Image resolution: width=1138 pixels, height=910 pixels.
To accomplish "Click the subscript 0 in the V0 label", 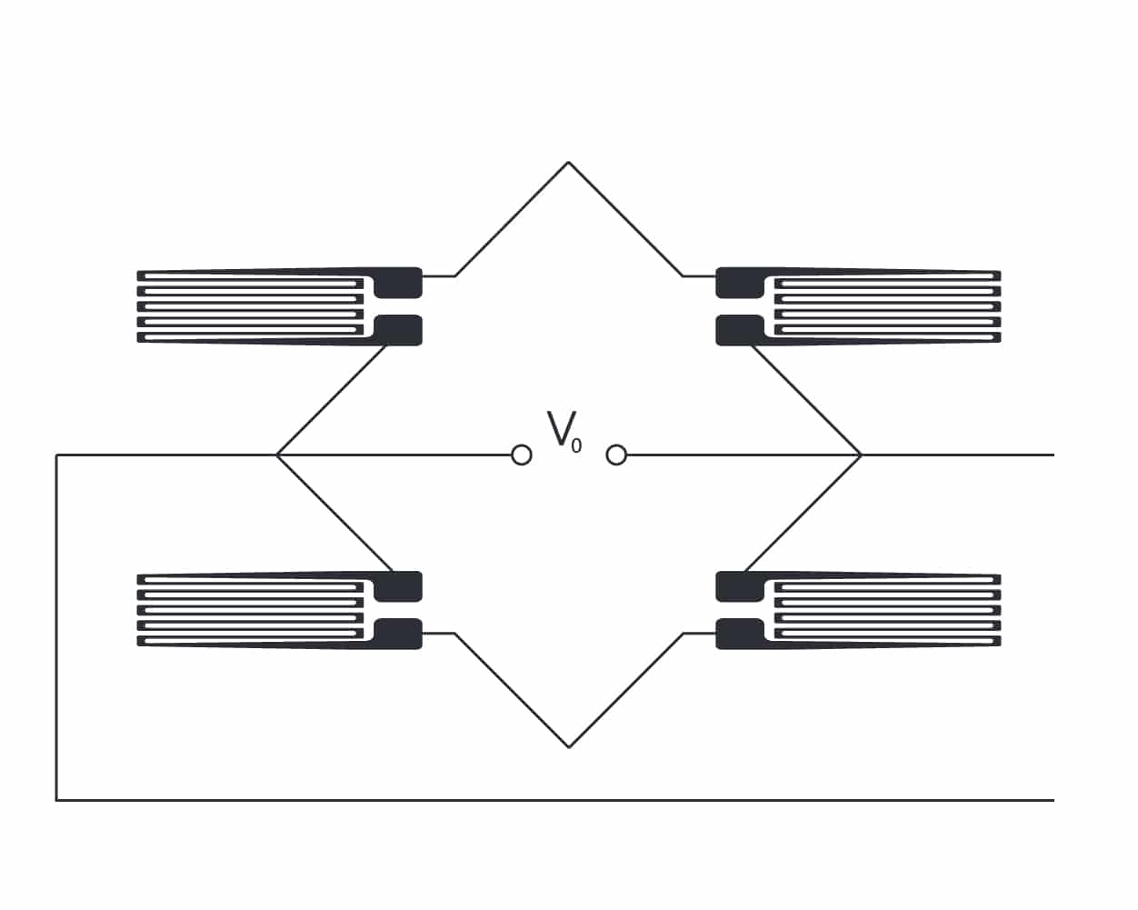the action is [576, 446].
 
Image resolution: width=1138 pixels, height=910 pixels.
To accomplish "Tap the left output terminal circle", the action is [522, 455].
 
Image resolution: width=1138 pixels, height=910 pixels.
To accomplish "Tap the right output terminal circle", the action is [616, 455].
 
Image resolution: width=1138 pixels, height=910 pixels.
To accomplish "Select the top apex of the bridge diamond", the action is [568, 162].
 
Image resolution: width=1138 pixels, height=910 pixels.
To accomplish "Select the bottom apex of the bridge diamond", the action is [569, 747].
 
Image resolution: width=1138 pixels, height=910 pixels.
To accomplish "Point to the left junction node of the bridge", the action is [277, 455].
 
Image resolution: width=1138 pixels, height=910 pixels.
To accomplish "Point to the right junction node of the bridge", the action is [861, 455].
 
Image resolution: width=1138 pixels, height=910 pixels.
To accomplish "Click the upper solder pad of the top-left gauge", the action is [398, 283].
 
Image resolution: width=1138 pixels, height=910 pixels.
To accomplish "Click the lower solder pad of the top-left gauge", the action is [398, 330].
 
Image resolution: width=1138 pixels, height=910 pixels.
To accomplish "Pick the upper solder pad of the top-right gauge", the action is [740, 283].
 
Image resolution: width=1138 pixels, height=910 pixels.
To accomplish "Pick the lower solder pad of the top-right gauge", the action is [740, 330].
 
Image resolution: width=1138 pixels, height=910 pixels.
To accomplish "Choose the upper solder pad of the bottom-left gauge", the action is [398, 586].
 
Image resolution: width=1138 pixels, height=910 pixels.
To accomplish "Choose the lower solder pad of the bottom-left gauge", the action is [398, 634].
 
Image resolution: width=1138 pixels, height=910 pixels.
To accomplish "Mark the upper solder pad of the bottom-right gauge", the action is [740, 586].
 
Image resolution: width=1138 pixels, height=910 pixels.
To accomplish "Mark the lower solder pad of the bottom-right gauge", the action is [740, 634].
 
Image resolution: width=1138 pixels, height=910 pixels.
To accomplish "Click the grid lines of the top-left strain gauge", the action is [250, 307].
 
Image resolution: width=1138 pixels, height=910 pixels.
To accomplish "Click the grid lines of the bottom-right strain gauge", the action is [888, 611].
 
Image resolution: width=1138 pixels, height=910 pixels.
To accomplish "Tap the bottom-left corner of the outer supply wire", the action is [56, 801].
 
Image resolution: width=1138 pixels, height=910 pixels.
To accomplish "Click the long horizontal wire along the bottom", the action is [555, 801].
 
